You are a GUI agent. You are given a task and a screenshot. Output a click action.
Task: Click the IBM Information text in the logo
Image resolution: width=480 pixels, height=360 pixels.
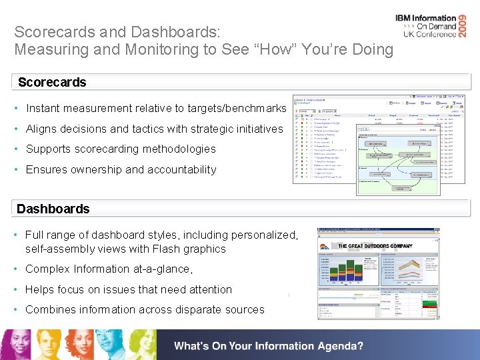[x=425, y=19]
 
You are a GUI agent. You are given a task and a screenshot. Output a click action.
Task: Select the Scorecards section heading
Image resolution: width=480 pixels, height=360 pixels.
[x=52, y=82]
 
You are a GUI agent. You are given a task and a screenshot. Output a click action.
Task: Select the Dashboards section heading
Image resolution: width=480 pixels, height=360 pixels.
[x=53, y=209]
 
